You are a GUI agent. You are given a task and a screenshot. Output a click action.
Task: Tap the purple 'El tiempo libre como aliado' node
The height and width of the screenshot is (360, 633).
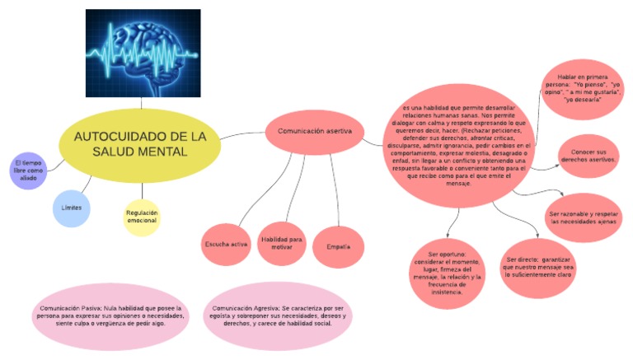(28, 169)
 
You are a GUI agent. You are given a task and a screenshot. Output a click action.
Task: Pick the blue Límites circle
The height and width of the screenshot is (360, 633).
(72, 208)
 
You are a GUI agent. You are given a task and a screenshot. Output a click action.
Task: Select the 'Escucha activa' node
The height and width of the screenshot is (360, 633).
(226, 245)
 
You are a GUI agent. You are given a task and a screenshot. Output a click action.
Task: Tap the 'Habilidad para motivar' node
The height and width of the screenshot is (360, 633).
(282, 242)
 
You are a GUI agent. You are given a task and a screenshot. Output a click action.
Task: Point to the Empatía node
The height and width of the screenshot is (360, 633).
(338, 246)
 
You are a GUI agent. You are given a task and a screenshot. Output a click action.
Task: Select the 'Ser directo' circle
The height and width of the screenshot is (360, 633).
(539, 264)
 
